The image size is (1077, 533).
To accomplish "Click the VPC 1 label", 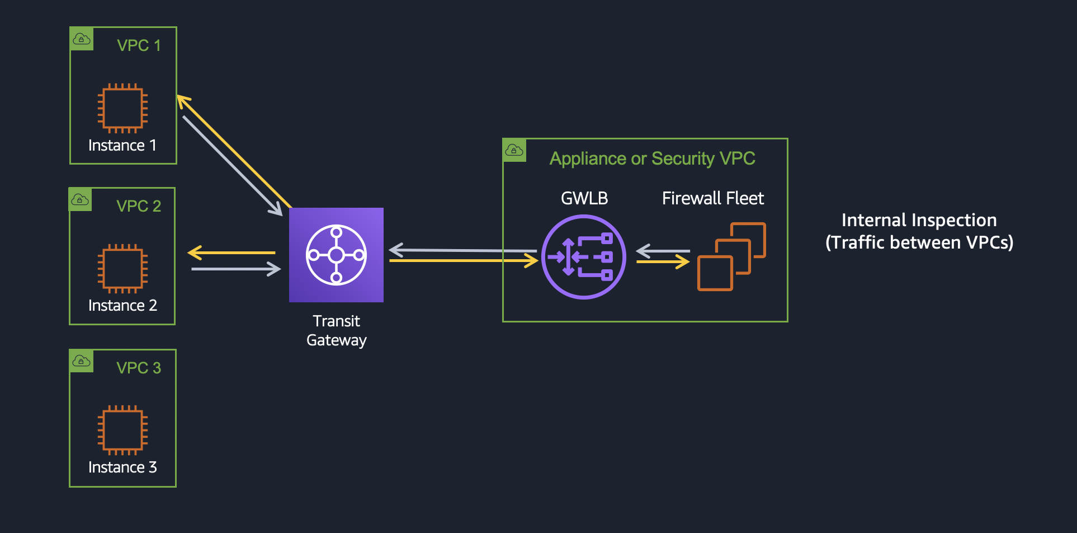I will tap(139, 45).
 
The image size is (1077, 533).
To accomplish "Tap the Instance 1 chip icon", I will tap(122, 108).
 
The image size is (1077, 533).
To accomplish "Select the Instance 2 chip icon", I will tap(122, 269).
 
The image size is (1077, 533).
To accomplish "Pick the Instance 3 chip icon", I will tap(122, 430).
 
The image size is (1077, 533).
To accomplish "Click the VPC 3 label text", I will tap(139, 368).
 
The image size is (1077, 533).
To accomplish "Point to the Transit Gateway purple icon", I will tap(336, 255).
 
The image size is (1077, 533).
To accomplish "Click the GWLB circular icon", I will tap(583, 257).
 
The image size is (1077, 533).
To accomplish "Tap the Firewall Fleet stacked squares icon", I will tap(731, 256).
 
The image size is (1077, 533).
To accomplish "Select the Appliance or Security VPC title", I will tap(652, 158).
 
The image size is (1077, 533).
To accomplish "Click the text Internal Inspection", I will tap(919, 220).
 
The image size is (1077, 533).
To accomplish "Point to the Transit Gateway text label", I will tap(336, 330).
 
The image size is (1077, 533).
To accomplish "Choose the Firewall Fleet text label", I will tap(712, 198).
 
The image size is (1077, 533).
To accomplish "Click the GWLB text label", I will tap(584, 198).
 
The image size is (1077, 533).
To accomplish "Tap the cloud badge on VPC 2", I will tap(80, 200).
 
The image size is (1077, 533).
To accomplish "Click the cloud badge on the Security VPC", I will tap(514, 150).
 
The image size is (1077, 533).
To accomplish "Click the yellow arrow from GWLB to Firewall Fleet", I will tap(663, 261).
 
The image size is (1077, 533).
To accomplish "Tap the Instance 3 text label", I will tap(122, 467).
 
